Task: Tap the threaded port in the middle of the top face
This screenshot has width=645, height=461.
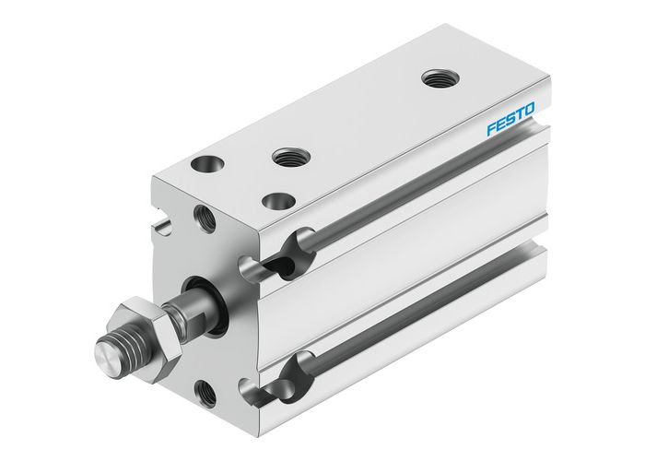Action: tap(288, 158)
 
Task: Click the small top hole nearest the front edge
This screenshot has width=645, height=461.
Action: tap(274, 199)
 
